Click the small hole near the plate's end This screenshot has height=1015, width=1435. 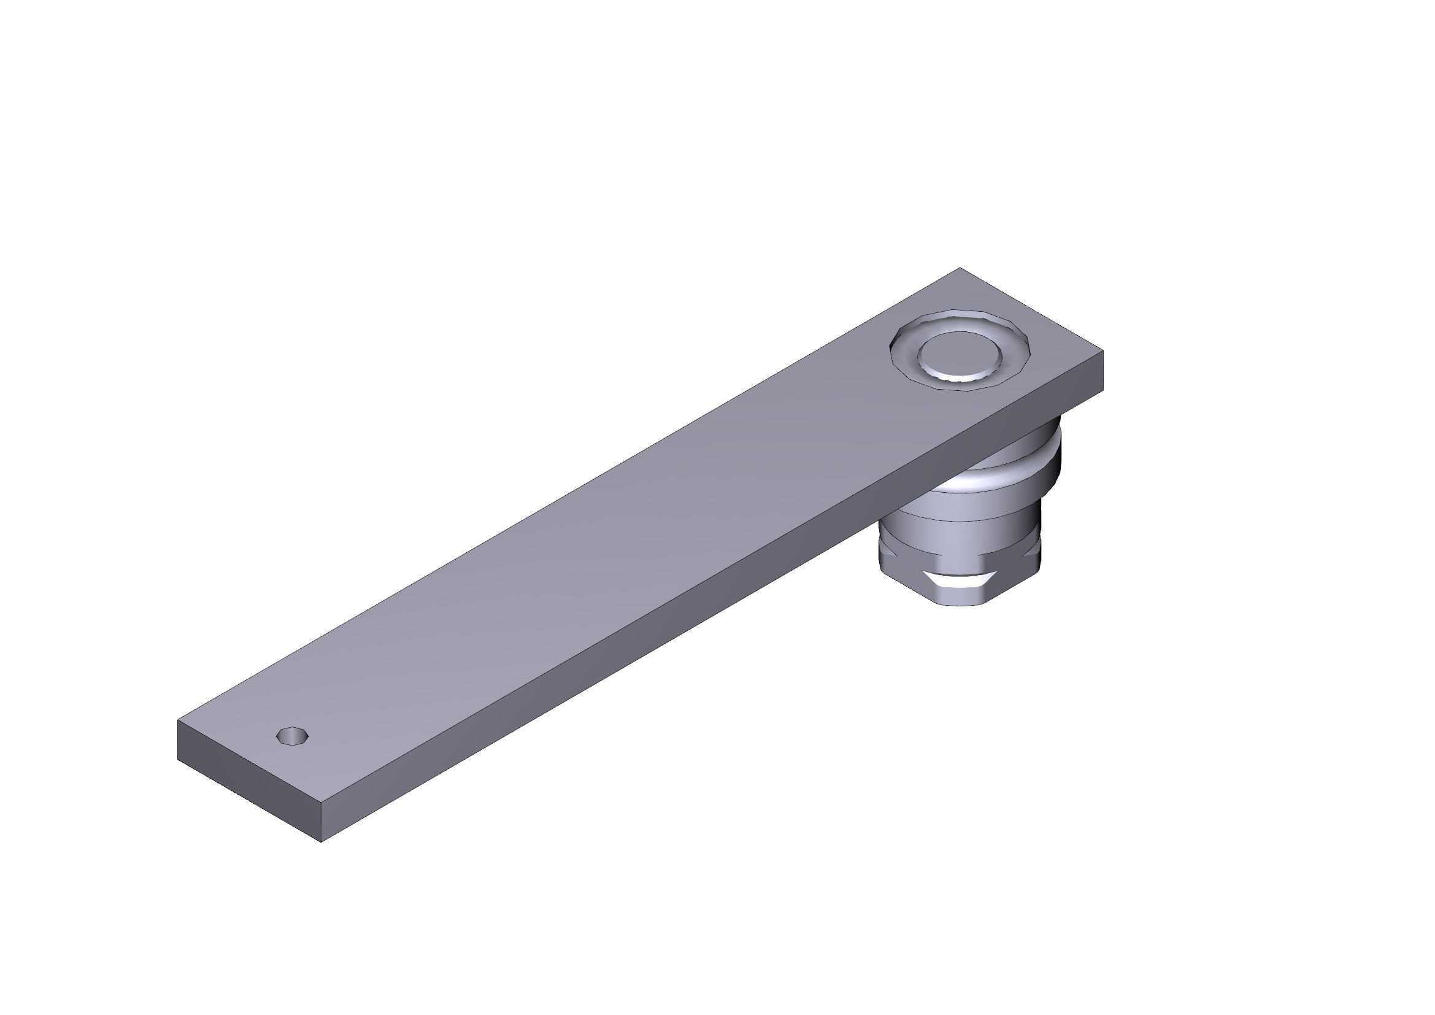[x=293, y=736]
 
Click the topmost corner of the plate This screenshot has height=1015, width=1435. [x=960, y=268]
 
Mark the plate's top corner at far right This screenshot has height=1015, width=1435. [x=1102, y=351]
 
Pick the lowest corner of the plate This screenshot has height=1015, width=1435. [x=321, y=842]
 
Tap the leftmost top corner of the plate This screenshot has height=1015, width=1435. [x=178, y=720]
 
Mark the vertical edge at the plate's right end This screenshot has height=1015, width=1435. [x=1102, y=371]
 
